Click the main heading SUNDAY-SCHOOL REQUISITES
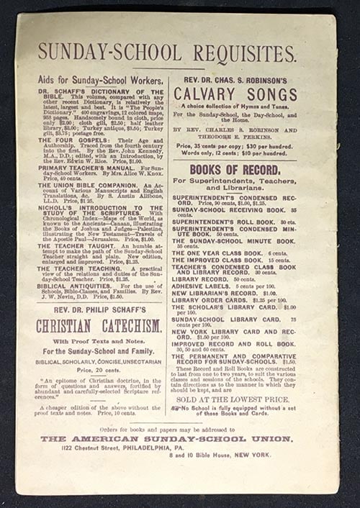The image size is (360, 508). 167,53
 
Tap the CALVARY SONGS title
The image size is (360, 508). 235,94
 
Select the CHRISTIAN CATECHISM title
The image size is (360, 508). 99,326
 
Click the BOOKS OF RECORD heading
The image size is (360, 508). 235,170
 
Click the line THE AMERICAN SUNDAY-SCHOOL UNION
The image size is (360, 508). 166,438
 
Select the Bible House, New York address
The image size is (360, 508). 220,455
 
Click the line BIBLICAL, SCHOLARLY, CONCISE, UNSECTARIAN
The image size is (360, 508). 99,362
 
